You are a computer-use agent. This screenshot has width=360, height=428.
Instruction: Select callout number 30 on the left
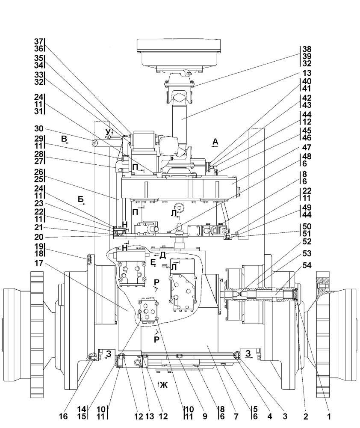point(39,128)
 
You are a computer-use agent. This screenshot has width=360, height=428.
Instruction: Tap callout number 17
point(39,263)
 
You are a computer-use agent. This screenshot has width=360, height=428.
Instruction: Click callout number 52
point(307,241)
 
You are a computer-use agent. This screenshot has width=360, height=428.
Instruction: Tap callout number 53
point(307,253)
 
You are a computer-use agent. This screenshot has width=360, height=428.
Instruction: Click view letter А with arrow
point(215,143)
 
